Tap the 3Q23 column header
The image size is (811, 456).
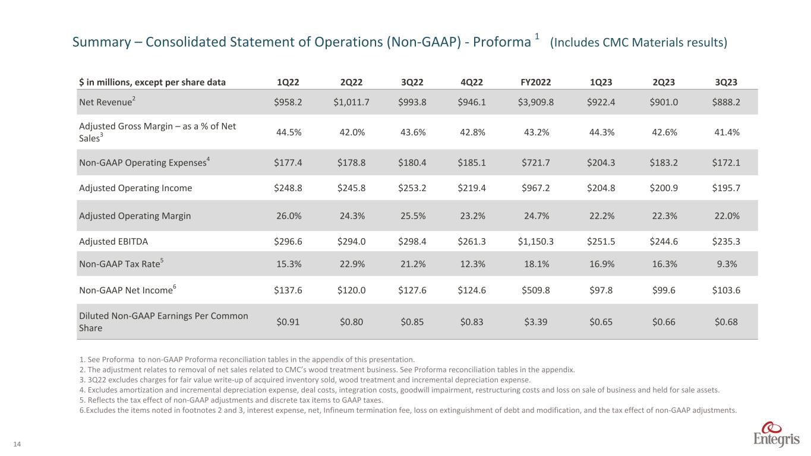pyautogui.click(x=725, y=83)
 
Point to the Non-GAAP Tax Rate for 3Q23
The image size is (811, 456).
pyautogui.click(x=725, y=264)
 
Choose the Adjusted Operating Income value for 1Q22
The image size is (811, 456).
pyautogui.click(x=288, y=188)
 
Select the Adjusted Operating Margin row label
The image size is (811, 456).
pyautogui.click(x=135, y=216)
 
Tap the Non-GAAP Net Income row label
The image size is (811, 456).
pyautogui.click(x=127, y=290)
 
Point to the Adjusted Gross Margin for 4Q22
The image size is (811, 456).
pyautogui.click(x=473, y=132)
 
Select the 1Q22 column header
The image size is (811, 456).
pyautogui.click(x=288, y=83)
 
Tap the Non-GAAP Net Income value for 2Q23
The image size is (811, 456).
pyautogui.click(x=662, y=290)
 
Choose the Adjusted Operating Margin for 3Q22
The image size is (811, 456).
pyautogui.click(x=413, y=216)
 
